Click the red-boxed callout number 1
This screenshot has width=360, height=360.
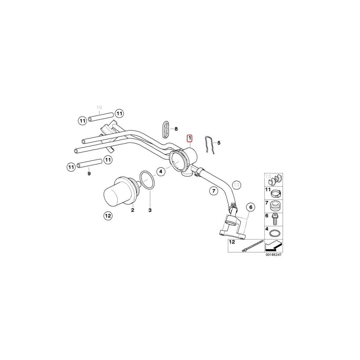point(190,139)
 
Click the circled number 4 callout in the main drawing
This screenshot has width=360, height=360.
point(161,171)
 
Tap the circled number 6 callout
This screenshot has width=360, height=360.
point(251,207)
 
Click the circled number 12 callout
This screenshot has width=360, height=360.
point(108,216)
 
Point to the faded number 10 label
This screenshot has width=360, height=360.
point(99,107)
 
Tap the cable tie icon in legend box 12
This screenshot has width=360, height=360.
point(252,246)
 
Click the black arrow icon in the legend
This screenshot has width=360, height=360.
point(274,246)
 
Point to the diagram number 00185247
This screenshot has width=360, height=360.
point(274,255)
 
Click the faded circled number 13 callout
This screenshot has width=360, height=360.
point(237,184)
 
